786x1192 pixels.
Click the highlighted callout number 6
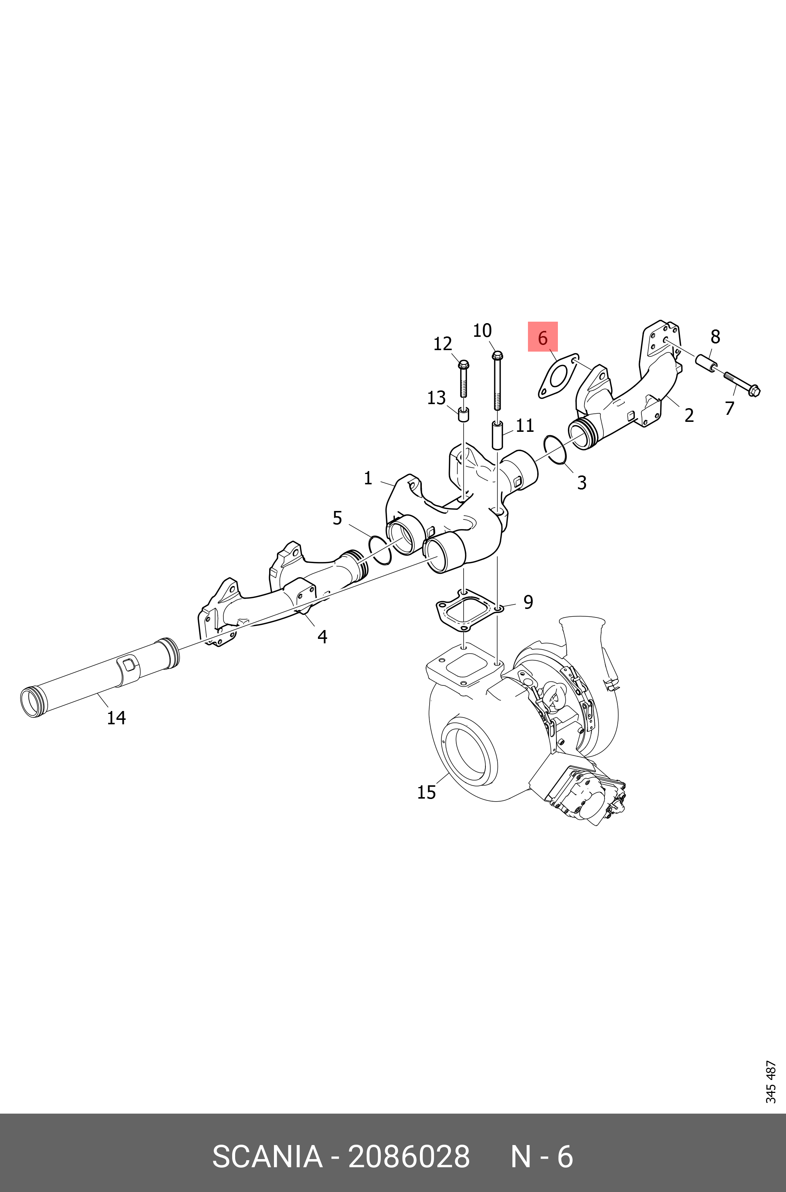point(542,338)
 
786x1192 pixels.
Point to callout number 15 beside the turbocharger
point(427,792)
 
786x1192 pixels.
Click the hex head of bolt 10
point(497,356)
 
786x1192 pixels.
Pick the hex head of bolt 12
point(463,365)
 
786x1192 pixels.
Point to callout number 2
point(689,416)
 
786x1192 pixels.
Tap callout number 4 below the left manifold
point(322,637)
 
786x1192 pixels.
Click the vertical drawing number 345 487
point(771,1082)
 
